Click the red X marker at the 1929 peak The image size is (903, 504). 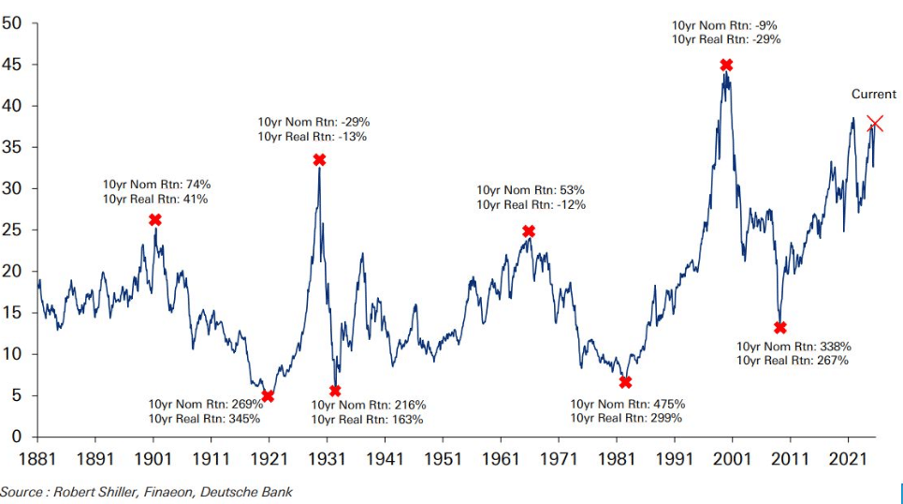point(319,160)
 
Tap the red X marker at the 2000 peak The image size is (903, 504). point(726,65)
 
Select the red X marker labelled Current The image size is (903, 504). point(875,124)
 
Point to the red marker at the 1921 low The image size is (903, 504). point(269,396)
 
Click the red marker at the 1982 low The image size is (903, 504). point(625,382)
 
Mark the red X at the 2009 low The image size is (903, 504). point(780,328)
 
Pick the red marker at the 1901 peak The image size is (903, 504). point(155,219)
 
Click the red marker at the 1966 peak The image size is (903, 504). point(529,231)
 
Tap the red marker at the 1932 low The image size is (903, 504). point(335,391)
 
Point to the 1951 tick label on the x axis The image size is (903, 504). point(443,459)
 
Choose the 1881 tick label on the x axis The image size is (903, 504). point(37,459)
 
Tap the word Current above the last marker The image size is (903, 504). point(873,95)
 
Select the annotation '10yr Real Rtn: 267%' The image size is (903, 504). point(793,361)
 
